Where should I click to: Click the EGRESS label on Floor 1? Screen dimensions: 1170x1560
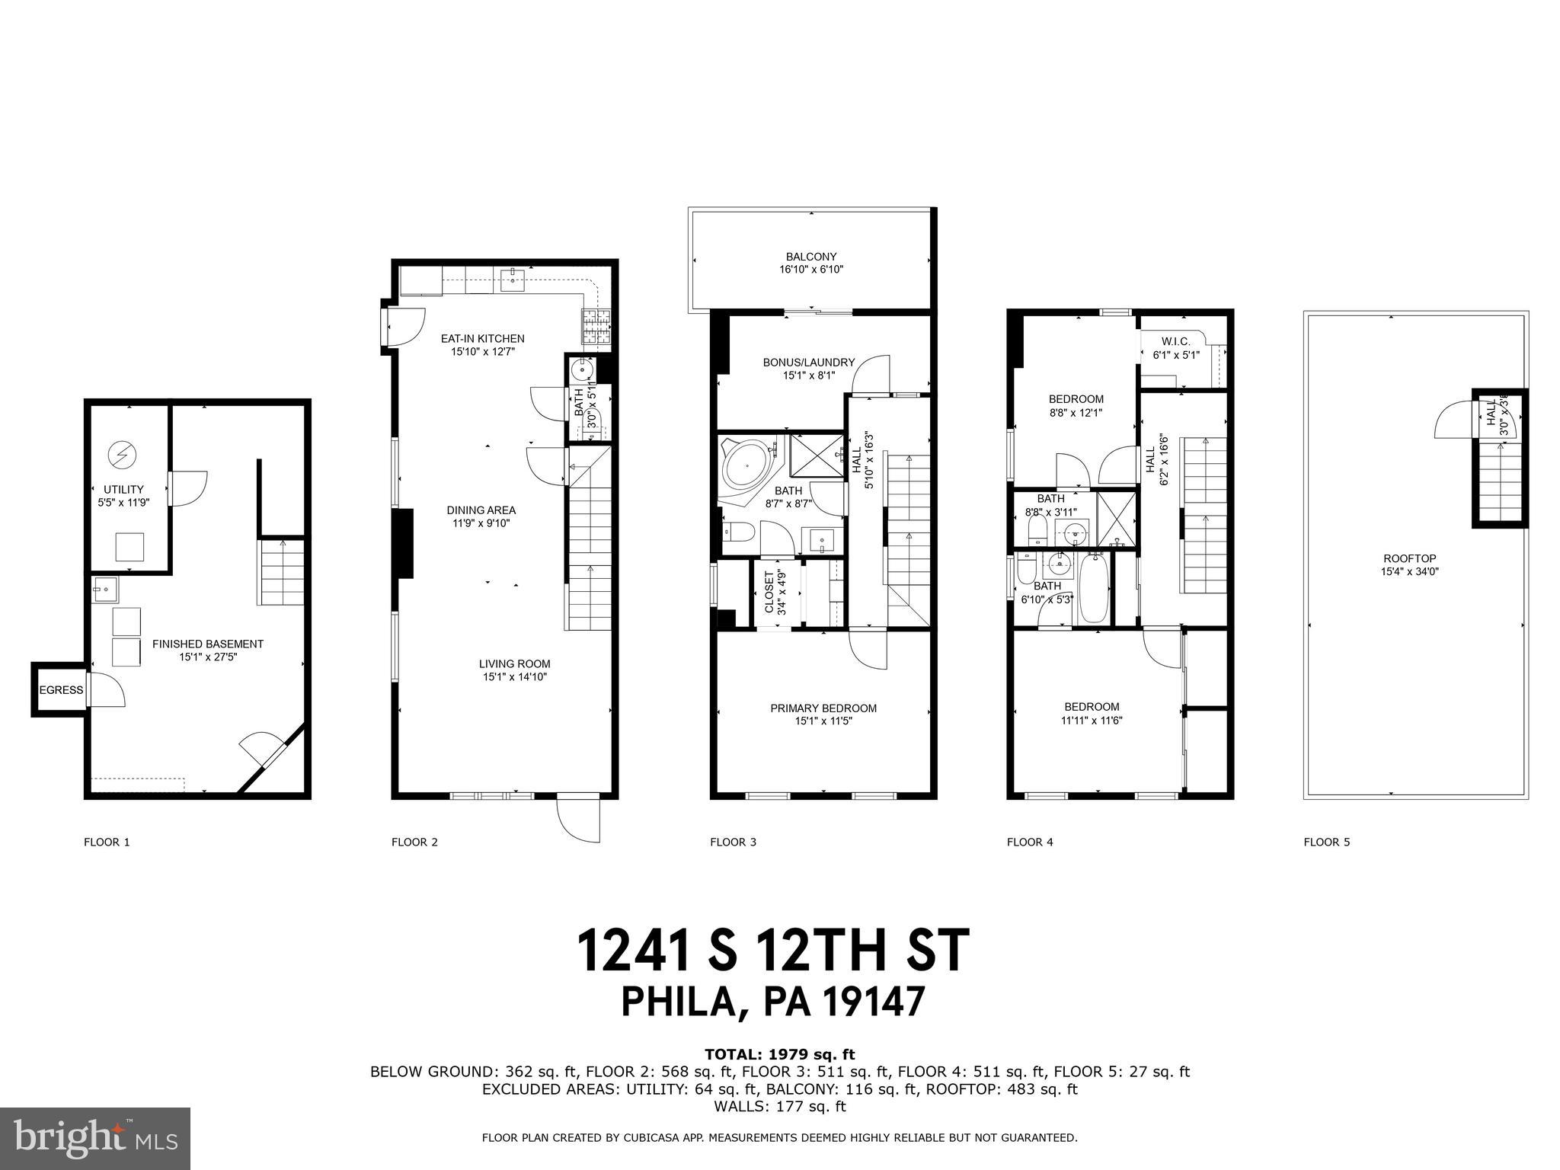tap(61, 690)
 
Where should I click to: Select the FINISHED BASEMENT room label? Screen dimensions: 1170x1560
tap(207, 644)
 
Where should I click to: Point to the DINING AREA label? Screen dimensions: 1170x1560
tap(481, 510)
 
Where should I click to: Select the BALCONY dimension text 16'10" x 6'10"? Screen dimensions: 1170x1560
tap(811, 270)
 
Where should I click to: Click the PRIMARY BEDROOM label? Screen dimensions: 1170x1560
tap(823, 708)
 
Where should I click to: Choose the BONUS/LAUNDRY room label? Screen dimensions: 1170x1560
tap(808, 363)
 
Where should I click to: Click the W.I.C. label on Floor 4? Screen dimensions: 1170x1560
tap(1175, 342)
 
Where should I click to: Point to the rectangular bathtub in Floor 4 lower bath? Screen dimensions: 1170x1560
tap(1095, 589)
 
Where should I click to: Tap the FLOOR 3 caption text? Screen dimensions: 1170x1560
tap(733, 842)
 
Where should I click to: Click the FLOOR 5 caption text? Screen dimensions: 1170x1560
tap(1326, 842)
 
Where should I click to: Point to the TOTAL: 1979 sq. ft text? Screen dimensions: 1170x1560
tap(779, 1055)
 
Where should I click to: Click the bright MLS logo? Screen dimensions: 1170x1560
tap(94, 1138)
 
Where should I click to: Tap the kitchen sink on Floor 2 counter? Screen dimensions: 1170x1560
tap(513, 280)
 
